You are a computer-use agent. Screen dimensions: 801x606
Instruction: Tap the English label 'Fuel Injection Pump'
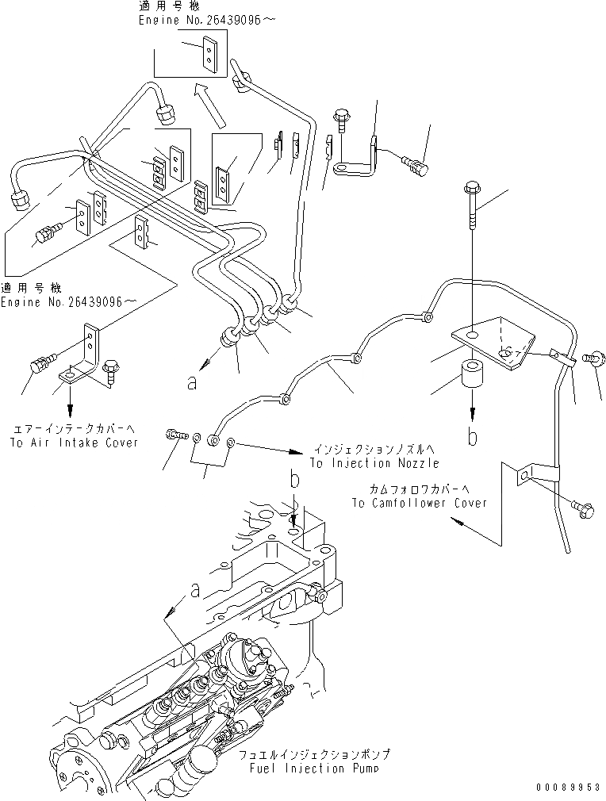click(x=317, y=768)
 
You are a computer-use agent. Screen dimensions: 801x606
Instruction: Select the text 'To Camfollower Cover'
click(x=420, y=503)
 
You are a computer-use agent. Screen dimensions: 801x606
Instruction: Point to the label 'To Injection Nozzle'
click(x=374, y=462)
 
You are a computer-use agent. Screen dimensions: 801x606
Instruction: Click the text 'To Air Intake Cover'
click(x=74, y=443)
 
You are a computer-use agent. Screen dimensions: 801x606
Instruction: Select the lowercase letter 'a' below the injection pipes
click(x=191, y=383)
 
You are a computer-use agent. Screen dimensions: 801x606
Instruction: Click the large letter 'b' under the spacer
click(x=472, y=438)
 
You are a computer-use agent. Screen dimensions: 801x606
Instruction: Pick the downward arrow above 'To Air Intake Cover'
click(x=70, y=405)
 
